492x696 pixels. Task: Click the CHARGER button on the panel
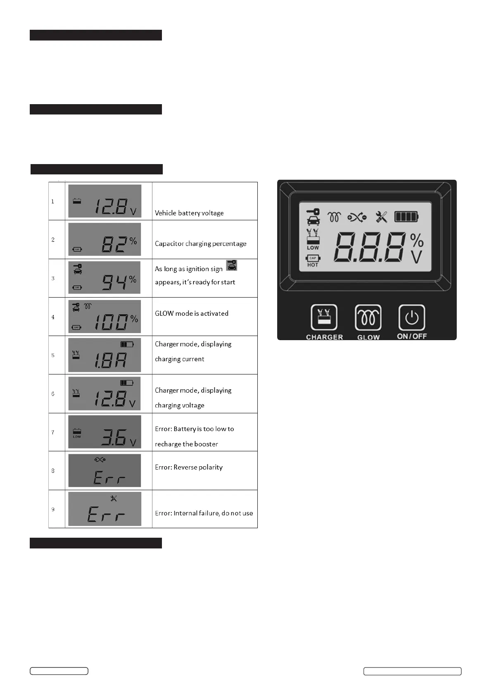point(324,317)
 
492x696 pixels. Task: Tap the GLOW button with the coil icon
point(368,317)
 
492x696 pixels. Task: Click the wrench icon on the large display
point(381,217)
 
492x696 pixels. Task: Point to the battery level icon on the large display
point(406,217)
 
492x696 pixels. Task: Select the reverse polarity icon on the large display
point(357,217)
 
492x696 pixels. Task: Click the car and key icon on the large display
point(313,217)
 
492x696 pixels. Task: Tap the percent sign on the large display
point(416,239)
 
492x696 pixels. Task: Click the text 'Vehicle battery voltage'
point(189,213)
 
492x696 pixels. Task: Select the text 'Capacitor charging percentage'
point(200,243)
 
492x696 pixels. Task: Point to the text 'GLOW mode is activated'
point(192,313)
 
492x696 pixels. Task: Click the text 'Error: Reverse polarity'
point(189,467)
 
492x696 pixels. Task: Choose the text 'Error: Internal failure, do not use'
point(204,513)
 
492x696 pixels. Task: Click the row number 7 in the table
point(53,432)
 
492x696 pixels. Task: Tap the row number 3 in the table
point(53,278)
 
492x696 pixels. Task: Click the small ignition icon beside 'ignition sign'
point(232,265)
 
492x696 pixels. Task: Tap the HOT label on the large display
point(313,265)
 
